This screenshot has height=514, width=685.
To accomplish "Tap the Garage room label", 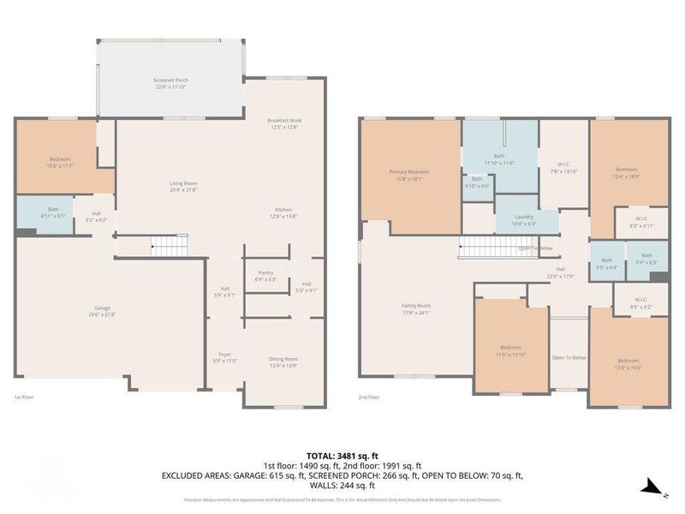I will click(x=108, y=308).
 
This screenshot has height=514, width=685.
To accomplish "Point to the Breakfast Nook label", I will click(x=284, y=121).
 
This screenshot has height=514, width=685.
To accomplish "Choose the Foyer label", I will click(x=225, y=354).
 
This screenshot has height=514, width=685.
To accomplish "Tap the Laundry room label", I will click(x=524, y=218).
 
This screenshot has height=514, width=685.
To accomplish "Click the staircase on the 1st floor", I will click(x=170, y=247).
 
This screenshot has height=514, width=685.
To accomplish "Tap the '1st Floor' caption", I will click(x=23, y=397).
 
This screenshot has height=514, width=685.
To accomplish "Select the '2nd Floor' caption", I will click(x=368, y=397).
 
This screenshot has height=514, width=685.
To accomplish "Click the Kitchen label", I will click(x=284, y=210).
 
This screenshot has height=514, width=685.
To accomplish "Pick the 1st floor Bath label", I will click(x=53, y=209).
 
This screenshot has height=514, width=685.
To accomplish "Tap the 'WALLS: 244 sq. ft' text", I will click(x=342, y=485).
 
